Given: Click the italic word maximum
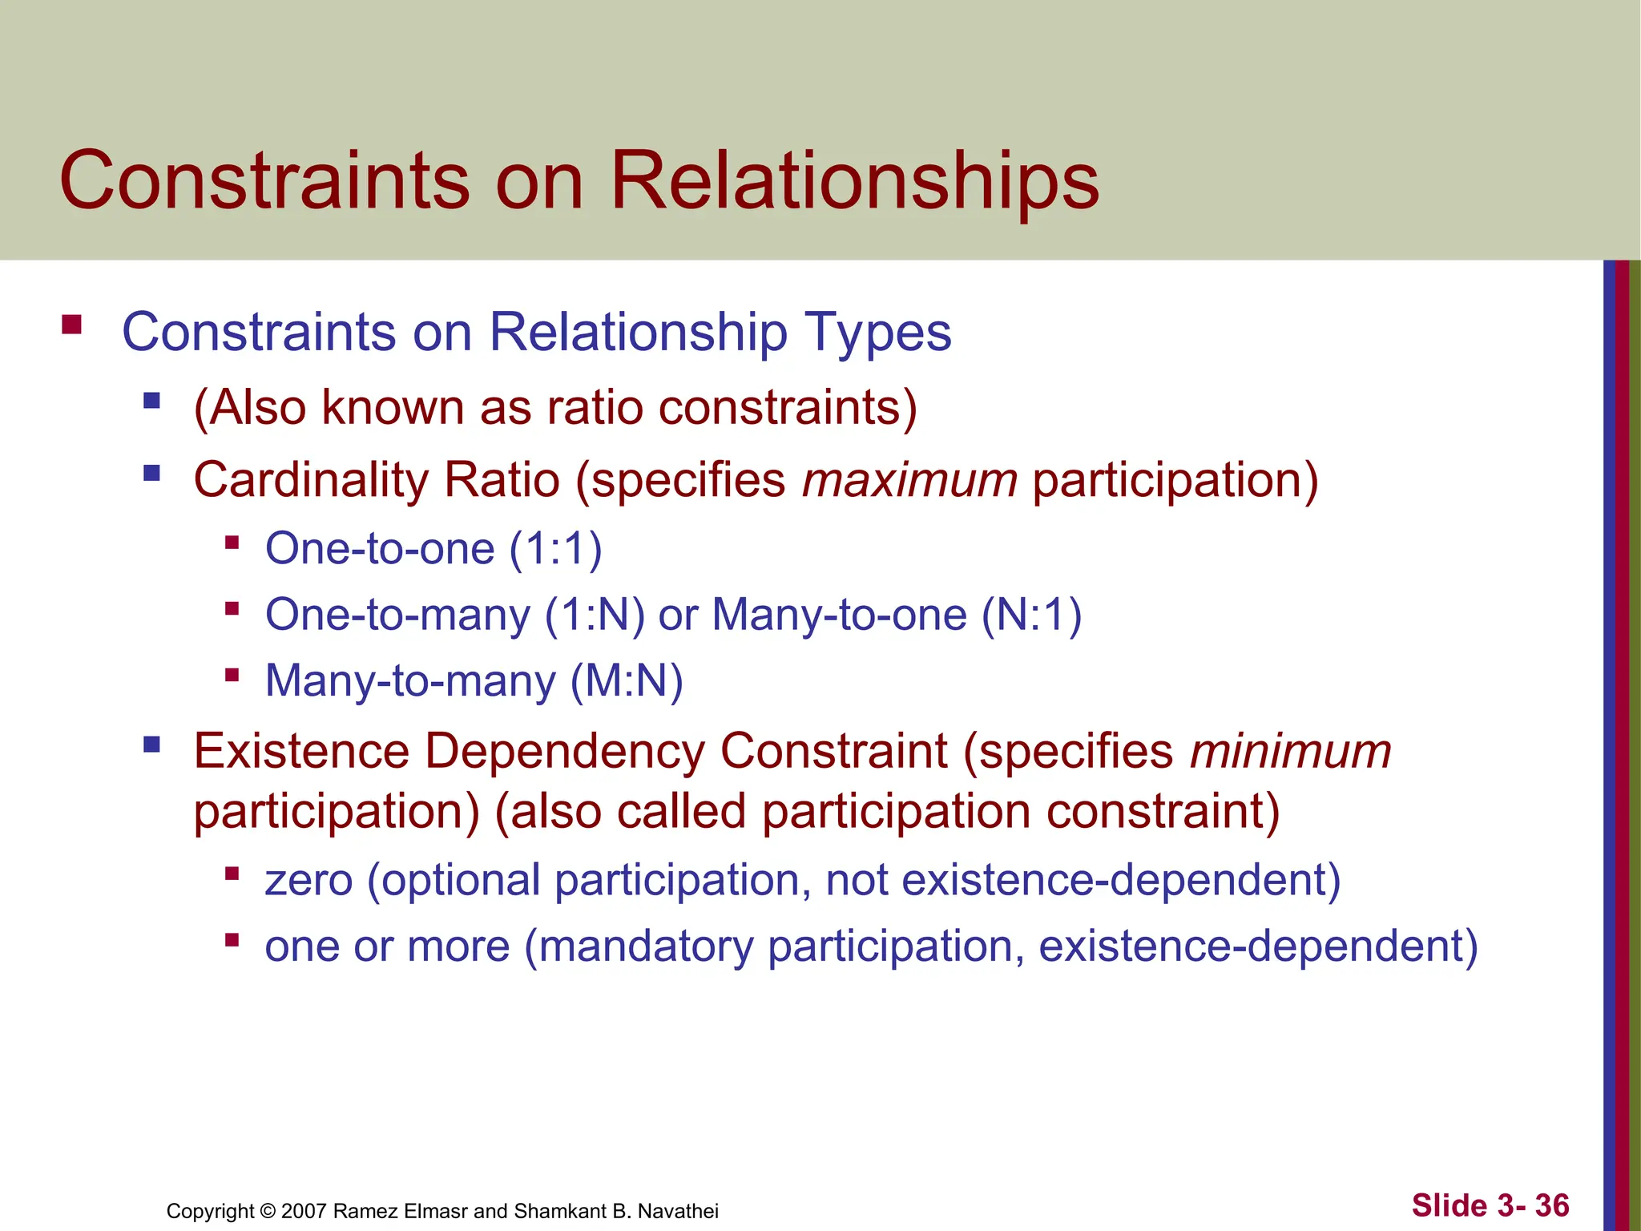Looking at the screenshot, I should point(910,480).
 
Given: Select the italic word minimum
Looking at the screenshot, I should point(1290,752).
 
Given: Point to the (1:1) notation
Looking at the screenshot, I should point(555,550).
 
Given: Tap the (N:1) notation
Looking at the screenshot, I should point(1032,615).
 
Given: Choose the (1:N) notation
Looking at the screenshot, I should point(595,615).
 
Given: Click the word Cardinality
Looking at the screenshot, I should point(312,480).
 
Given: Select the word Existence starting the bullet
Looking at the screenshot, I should point(302,752).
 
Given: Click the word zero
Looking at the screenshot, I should point(308,881).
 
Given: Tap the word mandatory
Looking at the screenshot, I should point(645,946).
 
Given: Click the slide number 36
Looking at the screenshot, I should point(1552,1205).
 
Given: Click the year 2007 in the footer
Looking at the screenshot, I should point(304,1211).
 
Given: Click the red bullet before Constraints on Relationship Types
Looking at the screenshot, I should point(71,325).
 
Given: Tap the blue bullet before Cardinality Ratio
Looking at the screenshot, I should point(151,473).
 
